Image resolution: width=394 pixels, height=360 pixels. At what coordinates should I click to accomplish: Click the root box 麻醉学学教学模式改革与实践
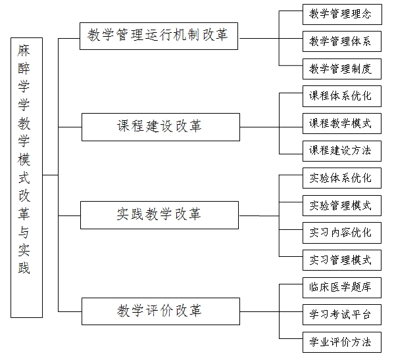26,177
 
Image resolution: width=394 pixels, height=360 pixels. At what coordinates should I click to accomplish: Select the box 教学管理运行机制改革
159,36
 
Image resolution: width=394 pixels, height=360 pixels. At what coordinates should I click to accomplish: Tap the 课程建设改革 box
160,127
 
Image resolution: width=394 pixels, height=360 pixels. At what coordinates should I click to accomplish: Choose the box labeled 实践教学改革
160,215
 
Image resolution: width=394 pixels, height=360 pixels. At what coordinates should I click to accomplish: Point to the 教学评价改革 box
160,311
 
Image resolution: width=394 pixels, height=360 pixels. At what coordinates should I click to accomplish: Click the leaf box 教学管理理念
342,14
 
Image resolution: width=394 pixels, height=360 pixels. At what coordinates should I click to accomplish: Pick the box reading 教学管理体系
342,41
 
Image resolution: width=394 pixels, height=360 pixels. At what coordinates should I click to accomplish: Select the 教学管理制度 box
342,69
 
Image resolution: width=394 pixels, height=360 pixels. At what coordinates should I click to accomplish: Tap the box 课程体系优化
342,96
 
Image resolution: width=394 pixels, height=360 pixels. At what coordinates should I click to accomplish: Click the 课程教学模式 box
342,124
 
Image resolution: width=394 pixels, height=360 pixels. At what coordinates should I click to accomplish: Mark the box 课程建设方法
342,151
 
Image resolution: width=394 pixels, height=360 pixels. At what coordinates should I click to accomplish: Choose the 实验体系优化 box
342,178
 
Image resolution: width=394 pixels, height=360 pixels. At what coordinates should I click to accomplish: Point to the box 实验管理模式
342,206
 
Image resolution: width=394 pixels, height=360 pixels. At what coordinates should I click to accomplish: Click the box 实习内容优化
342,233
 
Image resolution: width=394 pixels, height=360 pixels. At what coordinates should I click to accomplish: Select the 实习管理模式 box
342,260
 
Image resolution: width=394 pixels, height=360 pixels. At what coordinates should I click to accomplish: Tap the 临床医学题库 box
342,288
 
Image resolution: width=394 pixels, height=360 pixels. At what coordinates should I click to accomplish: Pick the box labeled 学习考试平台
342,315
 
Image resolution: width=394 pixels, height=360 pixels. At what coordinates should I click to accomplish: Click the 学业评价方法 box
342,342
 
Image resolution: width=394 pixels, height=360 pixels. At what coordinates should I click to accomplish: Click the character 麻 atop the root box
24,51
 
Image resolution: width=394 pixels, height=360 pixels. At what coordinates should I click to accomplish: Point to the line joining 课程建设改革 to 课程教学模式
272,127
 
